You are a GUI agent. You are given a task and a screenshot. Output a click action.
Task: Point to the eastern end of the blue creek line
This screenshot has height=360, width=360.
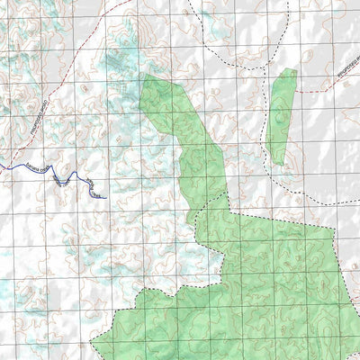(x=107, y=197)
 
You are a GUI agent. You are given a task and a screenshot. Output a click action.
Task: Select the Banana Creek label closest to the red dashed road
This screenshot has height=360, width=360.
(x=35, y=168)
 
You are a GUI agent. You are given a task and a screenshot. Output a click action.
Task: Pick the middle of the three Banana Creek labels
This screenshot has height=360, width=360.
(x=61, y=179)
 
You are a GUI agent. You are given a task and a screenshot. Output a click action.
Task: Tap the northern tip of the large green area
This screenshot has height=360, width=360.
(x=144, y=76)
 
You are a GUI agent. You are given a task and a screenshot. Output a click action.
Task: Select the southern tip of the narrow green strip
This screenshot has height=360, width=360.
(x=276, y=164)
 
